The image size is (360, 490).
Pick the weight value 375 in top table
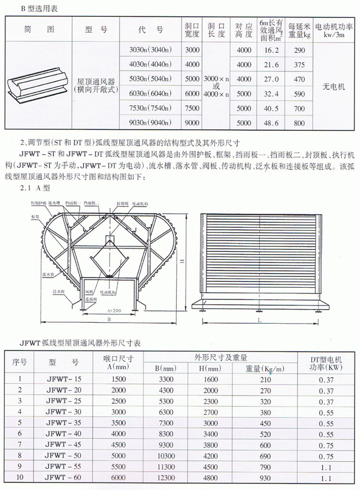299,64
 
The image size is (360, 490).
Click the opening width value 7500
193,108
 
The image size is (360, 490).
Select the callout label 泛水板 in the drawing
59,292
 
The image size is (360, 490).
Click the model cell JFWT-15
64,378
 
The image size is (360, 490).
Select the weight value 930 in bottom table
265,478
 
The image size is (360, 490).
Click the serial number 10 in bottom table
20,478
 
